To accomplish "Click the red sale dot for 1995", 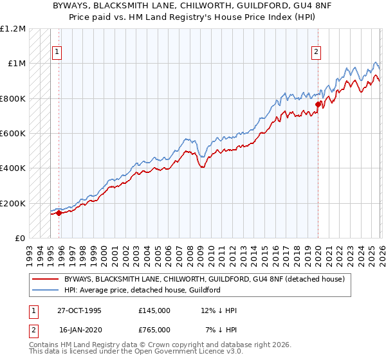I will click(x=59, y=213).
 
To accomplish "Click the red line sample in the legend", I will click(x=46, y=279).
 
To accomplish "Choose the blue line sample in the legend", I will click(x=46, y=290).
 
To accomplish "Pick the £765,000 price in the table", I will click(x=154, y=329).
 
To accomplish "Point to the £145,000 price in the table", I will click(x=154, y=310).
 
